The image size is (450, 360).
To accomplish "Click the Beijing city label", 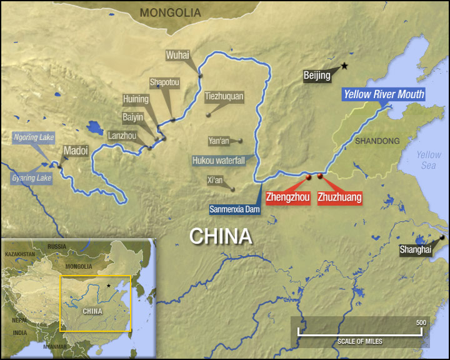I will (x=317, y=76).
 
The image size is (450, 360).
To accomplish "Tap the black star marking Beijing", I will (x=344, y=66).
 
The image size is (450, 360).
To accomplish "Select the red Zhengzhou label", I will (x=287, y=197).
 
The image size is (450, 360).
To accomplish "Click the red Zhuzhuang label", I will (x=339, y=197).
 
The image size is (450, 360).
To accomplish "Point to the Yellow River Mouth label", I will (x=383, y=95).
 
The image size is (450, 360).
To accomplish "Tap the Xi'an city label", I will (x=215, y=181).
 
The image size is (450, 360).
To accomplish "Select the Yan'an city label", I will (x=219, y=141).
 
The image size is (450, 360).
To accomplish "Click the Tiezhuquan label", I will (x=224, y=97).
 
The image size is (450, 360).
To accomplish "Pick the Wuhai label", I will (x=177, y=55).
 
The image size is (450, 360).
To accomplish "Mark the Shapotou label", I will (x=164, y=82).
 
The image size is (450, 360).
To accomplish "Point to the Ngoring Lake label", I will (x=34, y=137).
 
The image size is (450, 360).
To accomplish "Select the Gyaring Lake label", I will (x=31, y=178).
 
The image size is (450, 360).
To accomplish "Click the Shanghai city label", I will (x=416, y=250).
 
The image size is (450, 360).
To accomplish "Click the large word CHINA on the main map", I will (x=221, y=236).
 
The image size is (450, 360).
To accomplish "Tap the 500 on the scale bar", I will (x=421, y=322).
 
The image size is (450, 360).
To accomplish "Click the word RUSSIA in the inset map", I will (x=57, y=246).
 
